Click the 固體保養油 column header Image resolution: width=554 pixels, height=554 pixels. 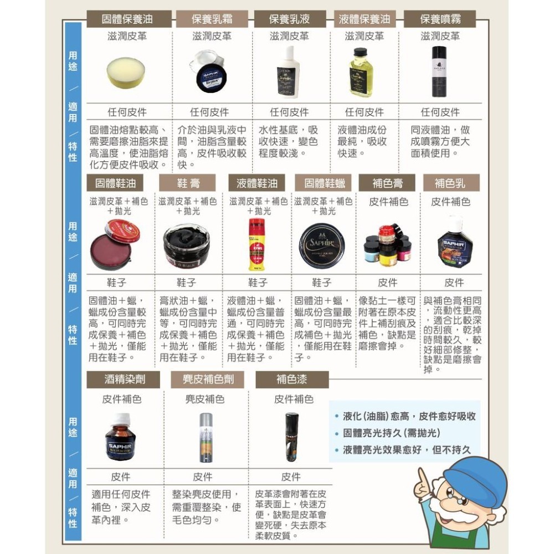127,19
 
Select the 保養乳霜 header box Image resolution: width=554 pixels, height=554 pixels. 212,19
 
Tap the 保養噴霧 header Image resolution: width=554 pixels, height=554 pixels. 440,19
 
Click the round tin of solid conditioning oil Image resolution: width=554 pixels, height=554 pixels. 128,72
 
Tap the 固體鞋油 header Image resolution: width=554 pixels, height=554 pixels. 115,182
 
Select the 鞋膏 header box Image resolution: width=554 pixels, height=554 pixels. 188,182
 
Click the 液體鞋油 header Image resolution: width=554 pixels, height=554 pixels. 257,182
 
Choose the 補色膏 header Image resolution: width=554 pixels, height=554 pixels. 388,182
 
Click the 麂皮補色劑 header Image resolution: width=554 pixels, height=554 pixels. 205,380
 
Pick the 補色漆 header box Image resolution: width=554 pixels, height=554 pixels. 291,380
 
